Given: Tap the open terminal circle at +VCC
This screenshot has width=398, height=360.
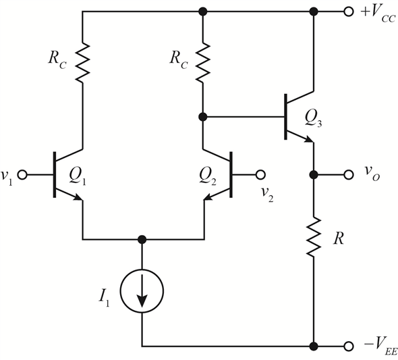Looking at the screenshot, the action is (349, 11).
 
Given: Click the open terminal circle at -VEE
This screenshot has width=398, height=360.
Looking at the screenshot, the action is (349, 346).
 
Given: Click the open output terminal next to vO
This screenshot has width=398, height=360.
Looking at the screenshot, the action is (349, 175).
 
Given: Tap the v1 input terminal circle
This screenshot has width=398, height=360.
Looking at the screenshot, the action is (22, 175).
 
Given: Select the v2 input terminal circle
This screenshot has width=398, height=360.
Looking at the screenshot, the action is (260, 175).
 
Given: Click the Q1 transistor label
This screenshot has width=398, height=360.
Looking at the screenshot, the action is (78, 176).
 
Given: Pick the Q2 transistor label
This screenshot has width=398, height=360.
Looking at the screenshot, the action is (208, 176).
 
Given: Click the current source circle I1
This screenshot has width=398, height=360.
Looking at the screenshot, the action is (142, 291).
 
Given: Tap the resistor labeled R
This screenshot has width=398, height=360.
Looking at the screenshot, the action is (314, 236).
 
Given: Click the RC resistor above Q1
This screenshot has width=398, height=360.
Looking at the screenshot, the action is (82, 62).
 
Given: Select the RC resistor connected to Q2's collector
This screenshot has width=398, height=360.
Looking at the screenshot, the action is (202, 62).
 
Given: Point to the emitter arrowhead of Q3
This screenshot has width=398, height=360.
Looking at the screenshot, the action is (309, 139).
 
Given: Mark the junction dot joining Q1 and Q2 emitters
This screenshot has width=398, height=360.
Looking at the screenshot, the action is (142, 239).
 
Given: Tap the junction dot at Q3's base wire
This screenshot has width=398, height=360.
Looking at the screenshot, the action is (202, 117).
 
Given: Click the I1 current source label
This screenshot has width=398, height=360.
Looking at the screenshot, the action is (104, 299).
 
